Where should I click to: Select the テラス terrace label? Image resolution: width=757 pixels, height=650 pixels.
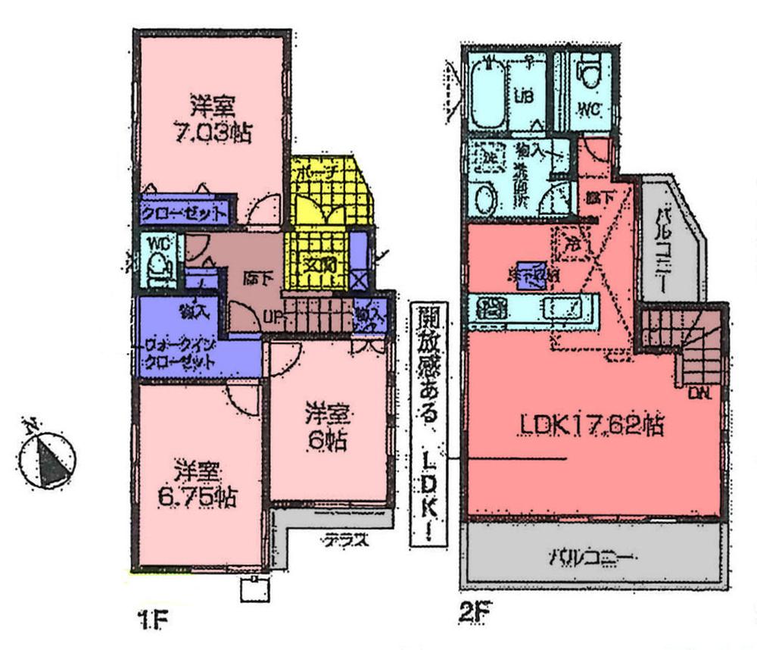[346, 541]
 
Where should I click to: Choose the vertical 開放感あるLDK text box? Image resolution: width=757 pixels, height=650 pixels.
[428, 424]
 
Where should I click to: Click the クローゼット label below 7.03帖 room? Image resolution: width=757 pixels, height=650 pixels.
[183, 213]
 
